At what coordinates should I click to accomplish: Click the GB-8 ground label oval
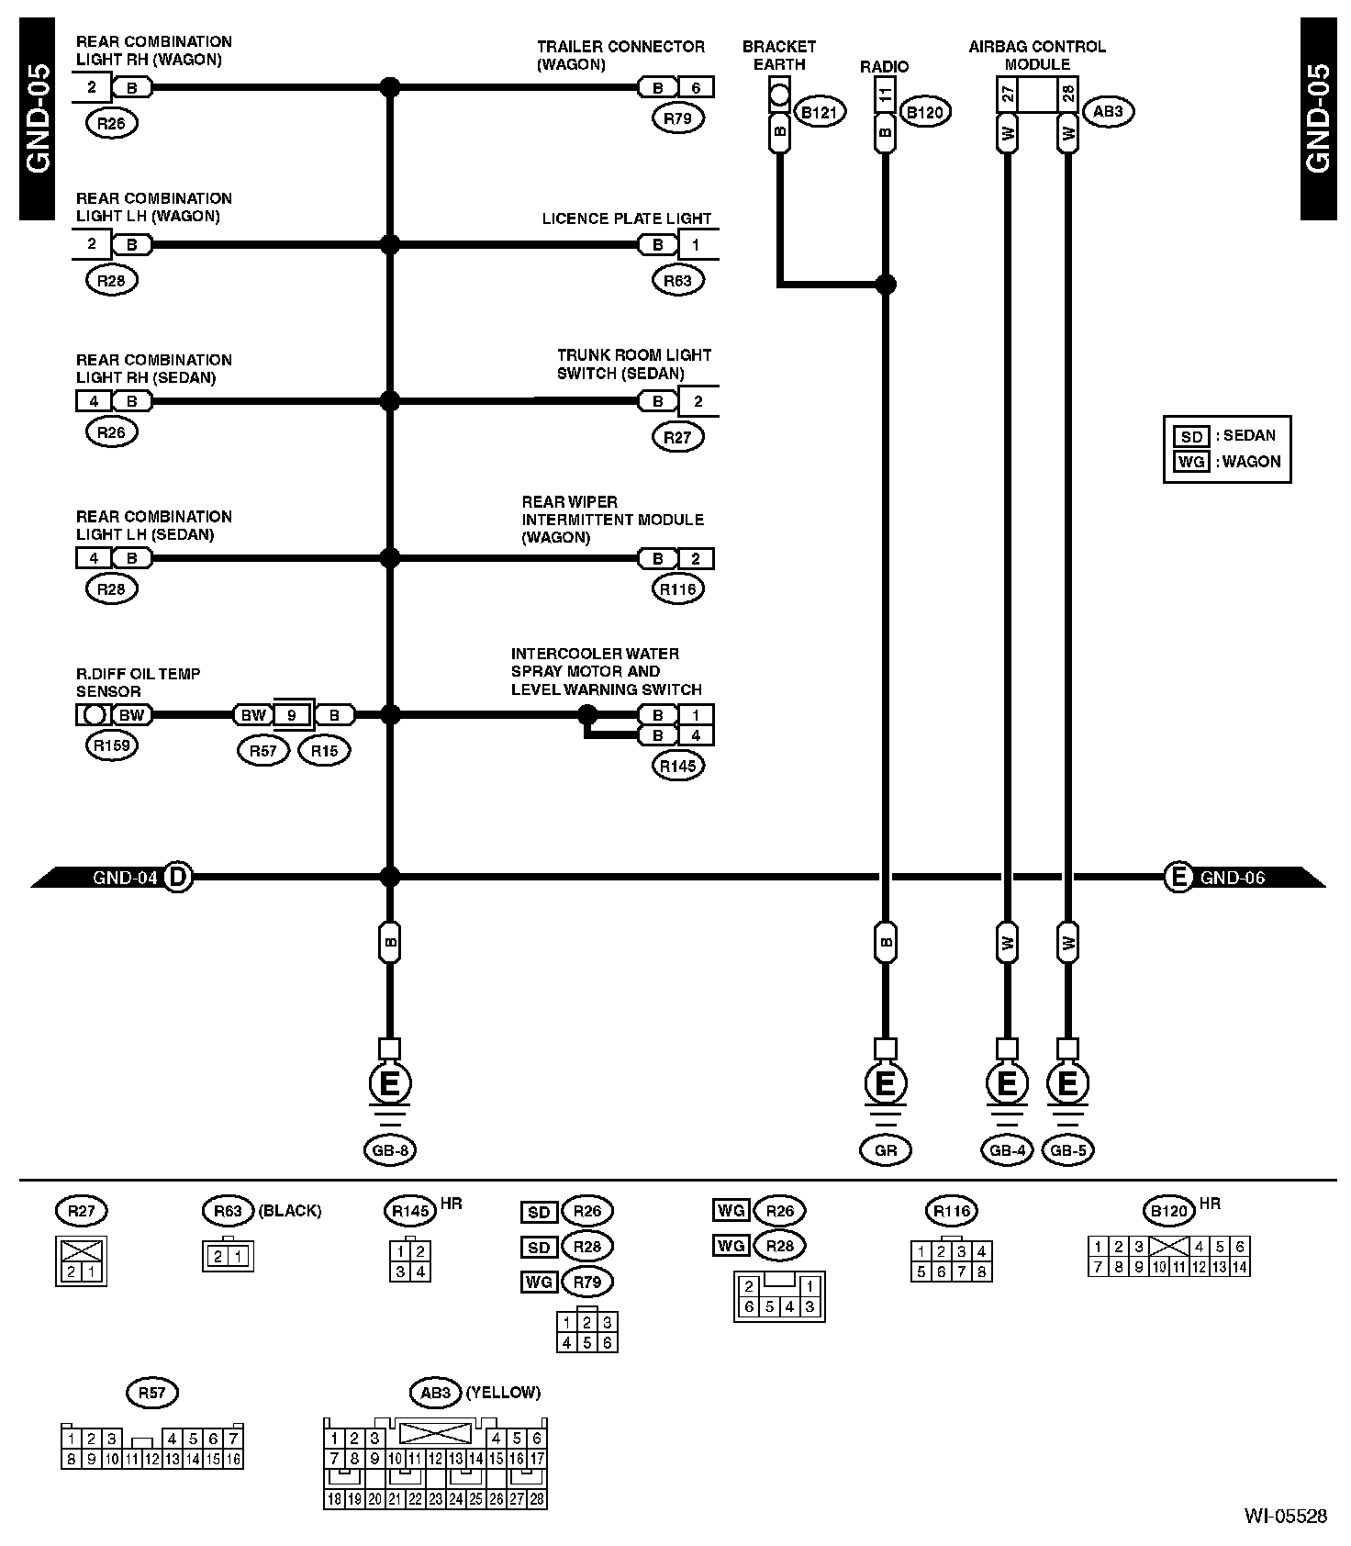tap(390, 1150)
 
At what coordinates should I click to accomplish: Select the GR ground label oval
tap(886, 1150)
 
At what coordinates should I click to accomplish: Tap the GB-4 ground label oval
tap(1007, 1150)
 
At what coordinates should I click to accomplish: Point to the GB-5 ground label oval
tap(1068, 1150)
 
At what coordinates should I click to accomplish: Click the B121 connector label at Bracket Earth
tap(819, 113)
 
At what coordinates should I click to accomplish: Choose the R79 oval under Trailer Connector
tap(678, 118)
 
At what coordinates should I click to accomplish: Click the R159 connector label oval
tap(111, 745)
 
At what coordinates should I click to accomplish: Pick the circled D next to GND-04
tap(178, 877)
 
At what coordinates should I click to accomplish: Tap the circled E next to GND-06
tap(1178, 877)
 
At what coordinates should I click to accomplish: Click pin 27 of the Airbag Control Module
tap(1008, 94)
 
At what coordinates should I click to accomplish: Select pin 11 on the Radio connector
tap(886, 94)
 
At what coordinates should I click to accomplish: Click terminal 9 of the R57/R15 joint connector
tap(292, 715)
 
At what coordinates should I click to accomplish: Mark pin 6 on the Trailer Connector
tap(696, 88)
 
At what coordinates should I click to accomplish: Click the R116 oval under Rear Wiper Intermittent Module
tap(678, 589)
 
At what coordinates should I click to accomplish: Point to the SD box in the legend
tap(1191, 436)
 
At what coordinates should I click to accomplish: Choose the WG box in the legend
tap(1191, 462)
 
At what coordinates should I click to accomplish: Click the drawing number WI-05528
tap(1285, 1516)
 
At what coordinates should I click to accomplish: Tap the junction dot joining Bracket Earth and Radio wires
tap(886, 285)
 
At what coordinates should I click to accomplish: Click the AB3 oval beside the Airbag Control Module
tap(1108, 112)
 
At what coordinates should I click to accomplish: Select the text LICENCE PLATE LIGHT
tap(627, 218)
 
